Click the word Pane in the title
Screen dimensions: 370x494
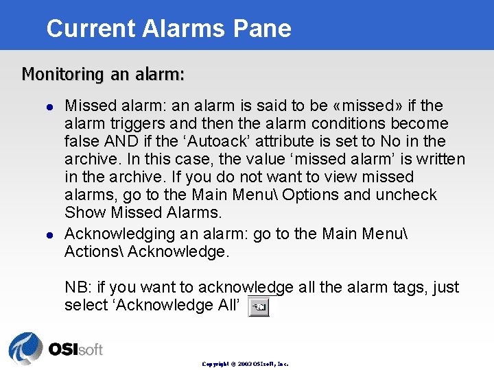[263, 28]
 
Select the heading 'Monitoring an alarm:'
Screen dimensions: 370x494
[103, 73]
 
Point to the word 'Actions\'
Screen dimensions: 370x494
[93, 251]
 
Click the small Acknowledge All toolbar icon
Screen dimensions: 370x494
[258, 308]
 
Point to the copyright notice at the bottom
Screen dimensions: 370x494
[245, 364]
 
